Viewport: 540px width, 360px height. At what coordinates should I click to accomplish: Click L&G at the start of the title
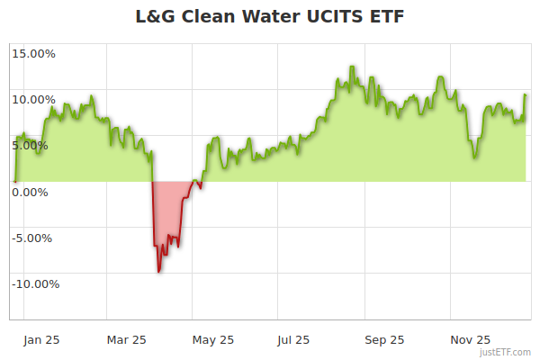pos(155,17)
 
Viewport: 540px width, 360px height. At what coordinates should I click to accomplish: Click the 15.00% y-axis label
pos(33,53)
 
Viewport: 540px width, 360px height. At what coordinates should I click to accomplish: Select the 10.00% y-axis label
pos(33,99)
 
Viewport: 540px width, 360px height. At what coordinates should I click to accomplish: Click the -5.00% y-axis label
pos(34,238)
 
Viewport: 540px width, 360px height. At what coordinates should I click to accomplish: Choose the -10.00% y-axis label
pos(33,283)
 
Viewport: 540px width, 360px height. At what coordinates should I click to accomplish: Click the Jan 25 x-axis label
pos(41,340)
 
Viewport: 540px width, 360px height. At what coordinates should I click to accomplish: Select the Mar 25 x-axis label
pos(127,340)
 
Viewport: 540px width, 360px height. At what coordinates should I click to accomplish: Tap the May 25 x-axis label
pos(213,340)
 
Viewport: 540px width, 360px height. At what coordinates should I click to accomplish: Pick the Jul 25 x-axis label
pos(294,340)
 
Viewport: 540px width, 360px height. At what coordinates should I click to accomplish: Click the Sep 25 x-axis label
pos(384,340)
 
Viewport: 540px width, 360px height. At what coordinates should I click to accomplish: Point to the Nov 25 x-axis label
pos(470,340)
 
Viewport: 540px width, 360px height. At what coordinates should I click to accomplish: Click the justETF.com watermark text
pos(505,353)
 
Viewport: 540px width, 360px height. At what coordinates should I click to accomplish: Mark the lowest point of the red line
pos(159,271)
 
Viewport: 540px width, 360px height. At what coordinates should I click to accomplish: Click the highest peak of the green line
pos(352,67)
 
